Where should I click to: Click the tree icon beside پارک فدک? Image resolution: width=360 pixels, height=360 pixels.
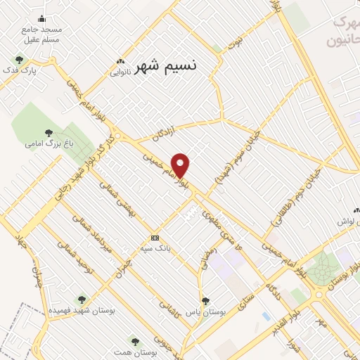click(19, 60)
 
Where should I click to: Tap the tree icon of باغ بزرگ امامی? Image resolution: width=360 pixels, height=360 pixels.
click(49, 132)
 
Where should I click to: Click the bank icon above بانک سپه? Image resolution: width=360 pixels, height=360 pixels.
click(155, 238)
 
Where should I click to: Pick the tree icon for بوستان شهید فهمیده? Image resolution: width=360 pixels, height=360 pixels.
click(82, 300)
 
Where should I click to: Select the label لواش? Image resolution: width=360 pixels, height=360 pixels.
click(347, 221)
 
